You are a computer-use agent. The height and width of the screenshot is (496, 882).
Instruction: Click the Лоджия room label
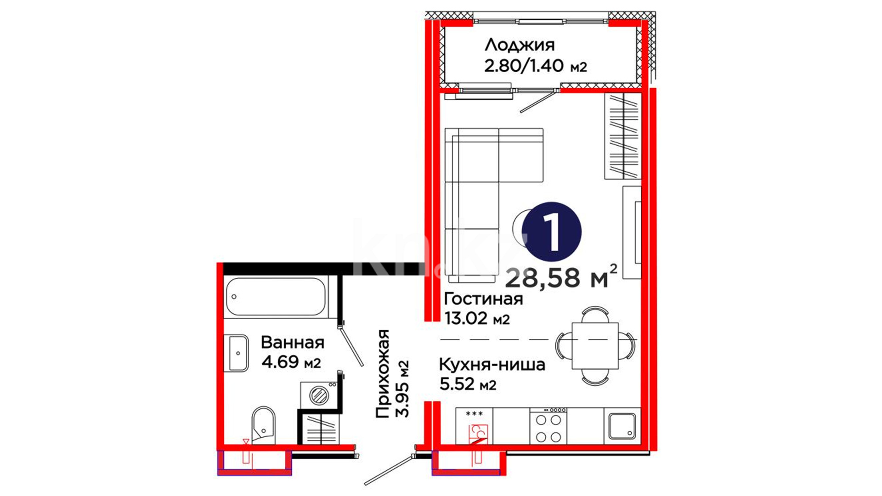click(x=520, y=45)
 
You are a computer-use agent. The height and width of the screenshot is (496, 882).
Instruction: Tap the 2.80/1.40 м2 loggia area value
click(x=536, y=66)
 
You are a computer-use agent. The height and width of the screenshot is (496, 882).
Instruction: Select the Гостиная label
click(x=483, y=299)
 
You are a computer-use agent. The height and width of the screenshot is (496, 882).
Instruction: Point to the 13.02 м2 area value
click(x=477, y=318)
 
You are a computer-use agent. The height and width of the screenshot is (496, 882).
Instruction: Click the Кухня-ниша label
click(x=492, y=365)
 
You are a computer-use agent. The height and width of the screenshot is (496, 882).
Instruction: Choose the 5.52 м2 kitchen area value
click(x=468, y=383)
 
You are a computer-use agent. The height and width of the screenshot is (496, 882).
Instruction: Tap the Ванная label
click(x=293, y=342)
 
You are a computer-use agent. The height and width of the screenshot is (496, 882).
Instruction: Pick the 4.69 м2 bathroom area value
click(x=291, y=361)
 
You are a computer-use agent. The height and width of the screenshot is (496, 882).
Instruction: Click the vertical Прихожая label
click(x=383, y=373)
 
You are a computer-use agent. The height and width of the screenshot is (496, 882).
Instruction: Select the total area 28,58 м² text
click(x=561, y=276)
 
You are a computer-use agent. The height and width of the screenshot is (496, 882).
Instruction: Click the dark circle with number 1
click(x=551, y=232)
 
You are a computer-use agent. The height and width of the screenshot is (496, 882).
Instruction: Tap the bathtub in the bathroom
click(x=276, y=297)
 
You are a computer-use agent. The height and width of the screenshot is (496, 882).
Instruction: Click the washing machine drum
click(x=318, y=395)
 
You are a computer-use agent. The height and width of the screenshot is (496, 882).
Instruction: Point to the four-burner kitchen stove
click(x=548, y=426)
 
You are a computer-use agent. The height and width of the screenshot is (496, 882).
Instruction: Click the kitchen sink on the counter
click(x=622, y=426)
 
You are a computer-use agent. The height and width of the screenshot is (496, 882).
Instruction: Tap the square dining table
click(x=595, y=346)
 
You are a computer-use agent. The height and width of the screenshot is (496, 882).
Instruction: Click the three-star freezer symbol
click(x=474, y=414)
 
